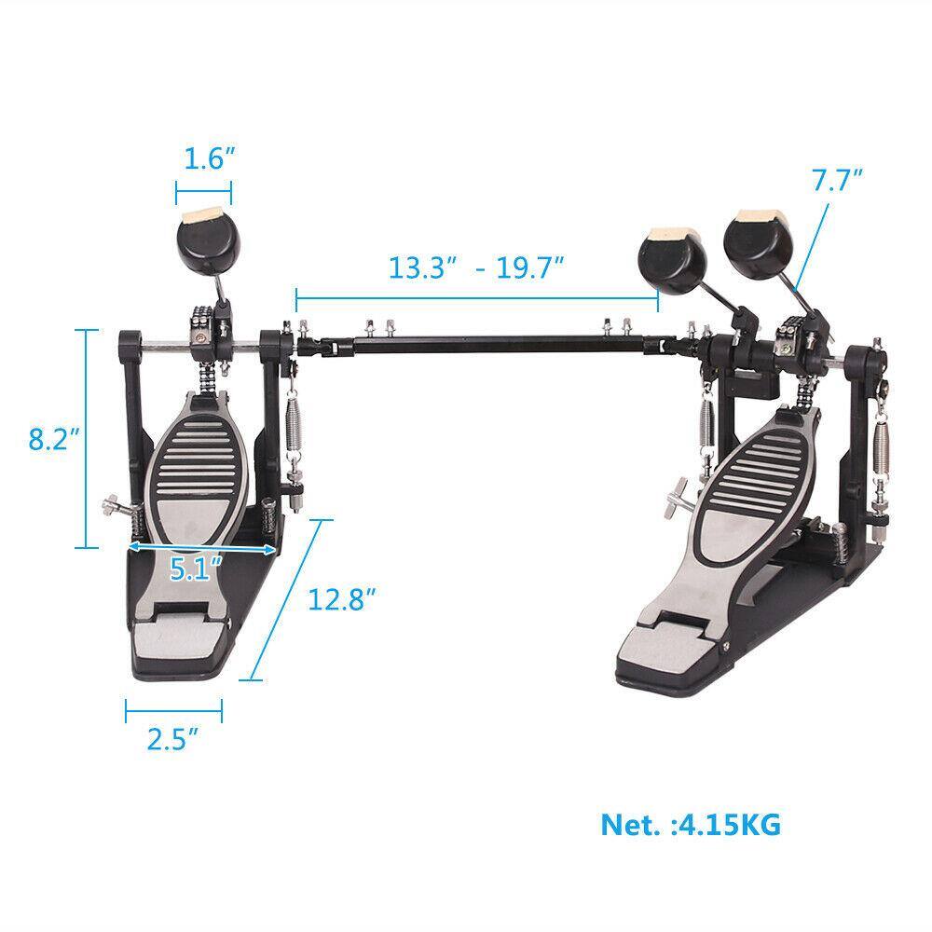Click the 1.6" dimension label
pos(203,159)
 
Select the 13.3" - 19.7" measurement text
pos(477,268)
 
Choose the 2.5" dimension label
pos(172,741)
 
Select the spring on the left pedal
pos(292,424)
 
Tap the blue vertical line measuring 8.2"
pos(88,438)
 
